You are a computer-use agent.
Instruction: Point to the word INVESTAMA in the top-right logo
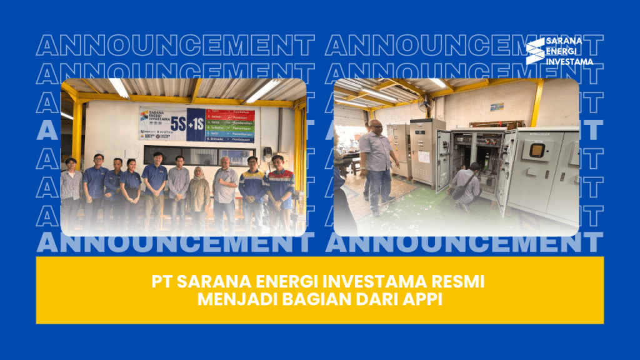[x=569, y=62]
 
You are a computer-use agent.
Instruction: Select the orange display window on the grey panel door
[x=537, y=150]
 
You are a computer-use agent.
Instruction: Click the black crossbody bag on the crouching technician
[x=461, y=191]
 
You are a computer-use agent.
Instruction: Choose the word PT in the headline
[x=160, y=282]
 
